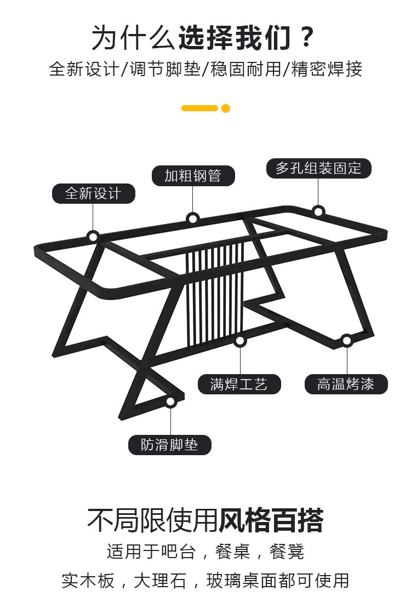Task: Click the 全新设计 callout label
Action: point(93,193)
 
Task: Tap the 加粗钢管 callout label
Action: point(193,176)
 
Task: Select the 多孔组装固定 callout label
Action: point(318,168)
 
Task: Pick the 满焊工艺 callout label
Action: point(239,384)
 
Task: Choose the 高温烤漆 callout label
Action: point(346,384)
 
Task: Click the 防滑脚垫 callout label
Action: point(170,445)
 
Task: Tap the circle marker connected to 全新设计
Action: point(93,237)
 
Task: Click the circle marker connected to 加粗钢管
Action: point(193,219)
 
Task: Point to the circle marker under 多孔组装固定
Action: point(318,211)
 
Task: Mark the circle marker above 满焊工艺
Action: point(239,341)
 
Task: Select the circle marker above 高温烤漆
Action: point(346,341)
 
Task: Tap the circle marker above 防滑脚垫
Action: point(170,401)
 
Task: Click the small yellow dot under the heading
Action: point(226,108)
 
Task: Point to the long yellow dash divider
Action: point(199,108)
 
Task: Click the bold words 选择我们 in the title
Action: point(233,38)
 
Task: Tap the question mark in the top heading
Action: point(307,38)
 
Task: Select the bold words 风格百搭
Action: point(271,520)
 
